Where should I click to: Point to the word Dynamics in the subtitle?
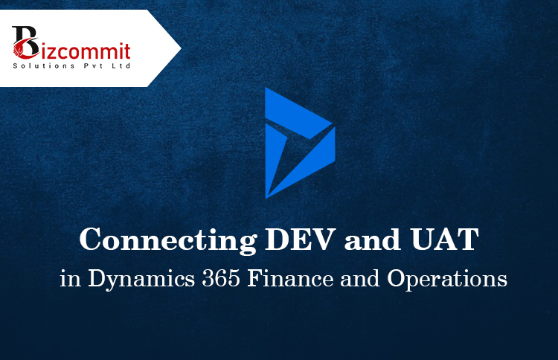[130, 280]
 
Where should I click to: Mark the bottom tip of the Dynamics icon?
[267, 196]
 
